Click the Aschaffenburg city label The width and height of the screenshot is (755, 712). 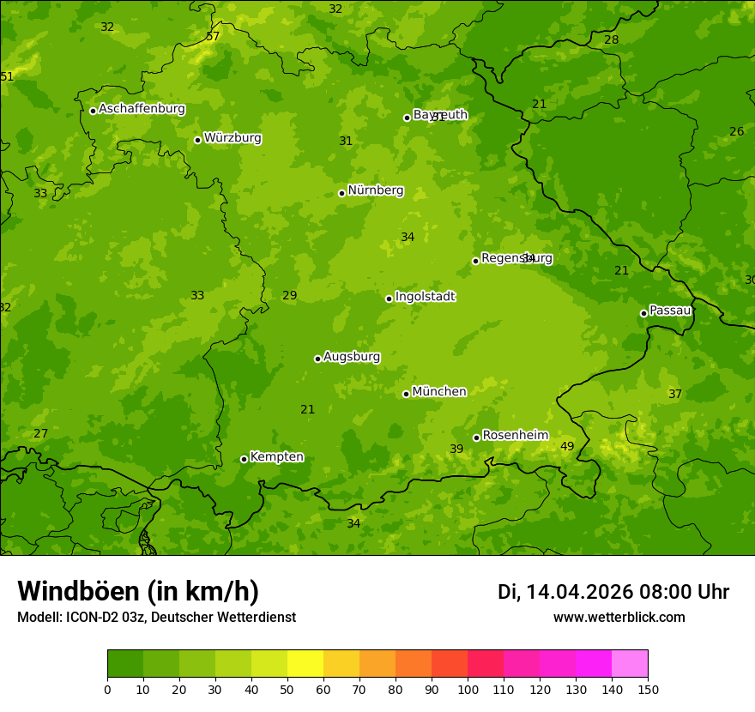142,109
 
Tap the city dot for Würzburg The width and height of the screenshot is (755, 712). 197,140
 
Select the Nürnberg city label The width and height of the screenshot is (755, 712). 375,190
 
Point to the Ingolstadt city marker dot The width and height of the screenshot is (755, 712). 389,299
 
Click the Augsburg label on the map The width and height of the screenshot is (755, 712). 351,357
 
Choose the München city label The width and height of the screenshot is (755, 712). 439,392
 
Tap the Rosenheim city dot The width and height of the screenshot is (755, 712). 476,437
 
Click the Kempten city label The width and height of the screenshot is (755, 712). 276,457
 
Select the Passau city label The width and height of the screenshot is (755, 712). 670,311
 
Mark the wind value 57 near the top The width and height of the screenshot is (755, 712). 213,36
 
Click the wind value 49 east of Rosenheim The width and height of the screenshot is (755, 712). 567,446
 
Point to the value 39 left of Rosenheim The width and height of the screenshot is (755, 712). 456,449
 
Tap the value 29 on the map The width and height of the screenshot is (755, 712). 290,296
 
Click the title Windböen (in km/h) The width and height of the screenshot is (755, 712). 138,591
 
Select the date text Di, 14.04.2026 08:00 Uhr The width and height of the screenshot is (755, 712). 613,592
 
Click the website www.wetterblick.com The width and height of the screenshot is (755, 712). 619,618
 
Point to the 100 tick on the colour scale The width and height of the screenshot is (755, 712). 468,690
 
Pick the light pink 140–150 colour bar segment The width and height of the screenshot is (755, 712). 630,664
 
